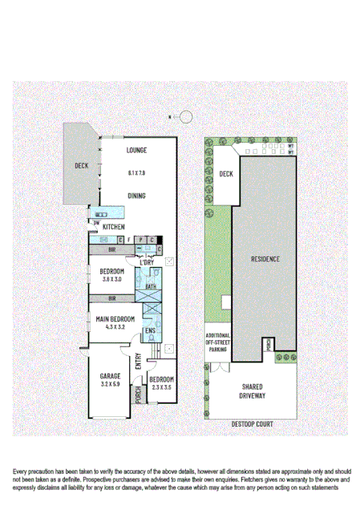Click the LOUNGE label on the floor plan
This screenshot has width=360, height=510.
[x=136, y=150]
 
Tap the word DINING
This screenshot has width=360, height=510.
[x=136, y=195]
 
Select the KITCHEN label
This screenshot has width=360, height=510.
[x=115, y=227]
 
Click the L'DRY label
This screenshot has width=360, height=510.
[x=147, y=262]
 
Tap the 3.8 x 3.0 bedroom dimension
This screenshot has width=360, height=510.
[x=111, y=279]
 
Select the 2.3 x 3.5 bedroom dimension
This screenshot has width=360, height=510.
[x=161, y=387]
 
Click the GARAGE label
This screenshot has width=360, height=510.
[x=110, y=376]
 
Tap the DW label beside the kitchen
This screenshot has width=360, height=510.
[x=96, y=224]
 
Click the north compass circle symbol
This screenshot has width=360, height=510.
[x=185, y=117]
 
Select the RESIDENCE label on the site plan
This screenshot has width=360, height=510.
[x=265, y=259]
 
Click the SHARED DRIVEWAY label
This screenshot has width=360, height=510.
[x=253, y=391]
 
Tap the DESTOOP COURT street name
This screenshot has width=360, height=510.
[x=253, y=423]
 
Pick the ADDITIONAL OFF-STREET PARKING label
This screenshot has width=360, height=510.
[x=218, y=342]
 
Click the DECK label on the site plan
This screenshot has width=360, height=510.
[x=225, y=173]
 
